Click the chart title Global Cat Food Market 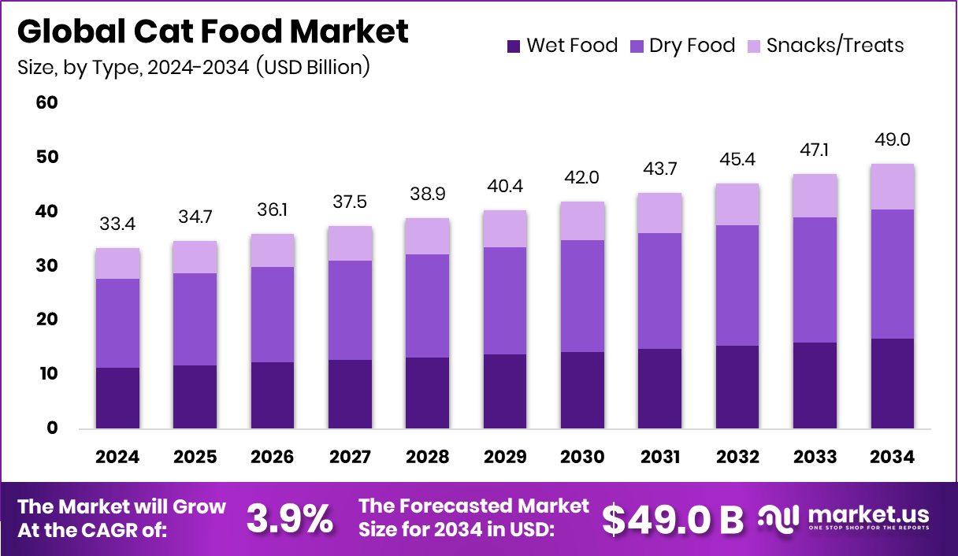(x=213, y=32)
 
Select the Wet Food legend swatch (x=514, y=46)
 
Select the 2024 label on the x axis (x=117, y=458)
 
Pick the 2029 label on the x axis (x=505, y=458)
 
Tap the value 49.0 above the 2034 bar (x=893, y=140)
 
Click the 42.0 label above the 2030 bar (x=582, y=178)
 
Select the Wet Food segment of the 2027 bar (x=350, y=394)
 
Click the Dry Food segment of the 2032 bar (x=737, y=285)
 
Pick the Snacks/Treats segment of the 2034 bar (x=893, y=187)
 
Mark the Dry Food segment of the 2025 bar (x=195, y=319)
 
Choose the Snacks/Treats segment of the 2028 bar (x=427, y=236)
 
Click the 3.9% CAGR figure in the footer (x=289, y=519)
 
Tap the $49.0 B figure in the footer (x=673, y=519)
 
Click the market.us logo (x=844, y=518)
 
